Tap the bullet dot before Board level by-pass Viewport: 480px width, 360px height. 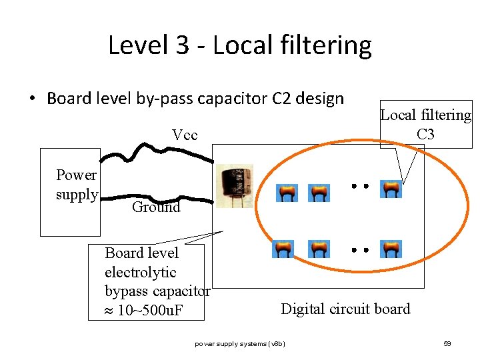click(x=31, y=99)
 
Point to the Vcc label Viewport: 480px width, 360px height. click(x=185, y=135)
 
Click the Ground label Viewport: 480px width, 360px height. click(x=156, y=207)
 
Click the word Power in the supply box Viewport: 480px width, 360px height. click(x=76, y=175)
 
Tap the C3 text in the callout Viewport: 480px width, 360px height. click(x=425, y=134)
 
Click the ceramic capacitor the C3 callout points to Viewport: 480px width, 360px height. click(x=391, y=189)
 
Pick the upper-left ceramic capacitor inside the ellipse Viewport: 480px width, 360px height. click(x=287, y=193)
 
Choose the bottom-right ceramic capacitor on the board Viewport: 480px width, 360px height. click(x=391, y=249)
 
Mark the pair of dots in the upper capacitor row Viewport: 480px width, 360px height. click(x=360, y=187)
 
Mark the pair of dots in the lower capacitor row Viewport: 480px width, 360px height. click(x=360, y=251)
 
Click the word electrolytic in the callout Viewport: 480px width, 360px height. click(x=140, y=272)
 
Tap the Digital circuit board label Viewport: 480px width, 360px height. click(x=345, y=309)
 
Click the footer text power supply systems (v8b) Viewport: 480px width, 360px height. click(x=240, y=343)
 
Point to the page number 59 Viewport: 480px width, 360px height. click(x=447, y=343)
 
